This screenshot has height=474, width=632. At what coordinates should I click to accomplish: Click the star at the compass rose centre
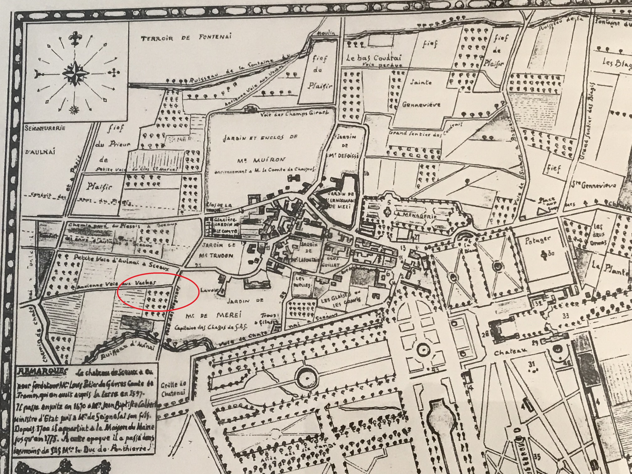pyautogui.click(x=75, y=74)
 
